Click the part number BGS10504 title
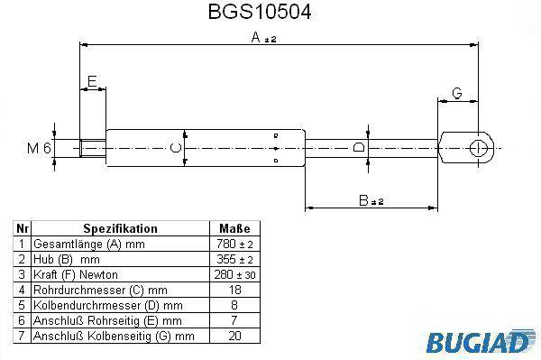(260, 12)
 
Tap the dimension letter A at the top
(256, 37)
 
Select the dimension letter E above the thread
(92, 81)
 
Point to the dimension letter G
(457, 93)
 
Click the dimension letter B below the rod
(363, 200)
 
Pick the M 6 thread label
(39, 148)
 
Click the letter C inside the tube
(176, 148)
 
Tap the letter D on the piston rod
(359, 148)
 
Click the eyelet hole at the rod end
(478, 148)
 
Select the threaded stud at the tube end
(93, 148)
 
